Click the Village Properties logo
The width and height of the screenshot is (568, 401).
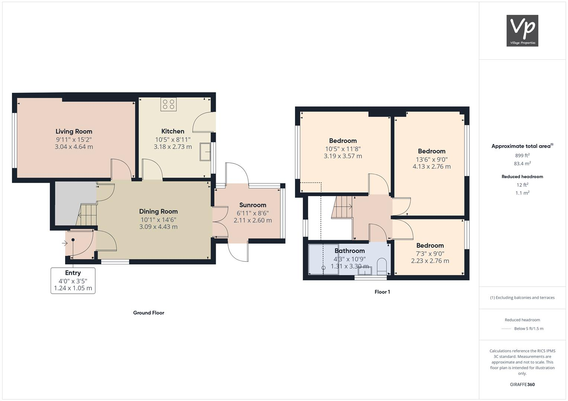click(522, 31)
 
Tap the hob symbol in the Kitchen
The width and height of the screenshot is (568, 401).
click(169, 104)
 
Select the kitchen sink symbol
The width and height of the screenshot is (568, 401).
click(205, 151)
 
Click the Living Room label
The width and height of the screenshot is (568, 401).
click(74, 131)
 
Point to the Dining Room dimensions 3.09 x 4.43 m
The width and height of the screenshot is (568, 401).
click(158, 227)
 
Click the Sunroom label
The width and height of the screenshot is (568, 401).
click(253, 205)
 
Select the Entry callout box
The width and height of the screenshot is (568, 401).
click(73, 281)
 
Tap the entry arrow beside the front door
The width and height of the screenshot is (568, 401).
click(65, 244)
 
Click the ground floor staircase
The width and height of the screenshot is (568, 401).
click(87, 215)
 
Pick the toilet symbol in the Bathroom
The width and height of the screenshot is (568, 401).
click(382, 266)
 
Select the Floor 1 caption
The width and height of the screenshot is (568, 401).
click(382, 292)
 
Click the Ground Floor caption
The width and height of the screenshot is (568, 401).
click(148, 313)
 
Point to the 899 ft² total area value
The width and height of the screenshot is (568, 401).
click(522, 156)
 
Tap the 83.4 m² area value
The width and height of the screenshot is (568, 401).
click(522, 163)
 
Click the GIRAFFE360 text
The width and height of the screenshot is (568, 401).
click(522, 384)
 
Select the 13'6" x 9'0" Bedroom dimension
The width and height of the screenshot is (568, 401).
click(431, 159)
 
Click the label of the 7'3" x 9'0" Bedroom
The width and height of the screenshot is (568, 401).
click(430, 245)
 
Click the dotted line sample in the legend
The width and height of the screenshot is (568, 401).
click(506, 329)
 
